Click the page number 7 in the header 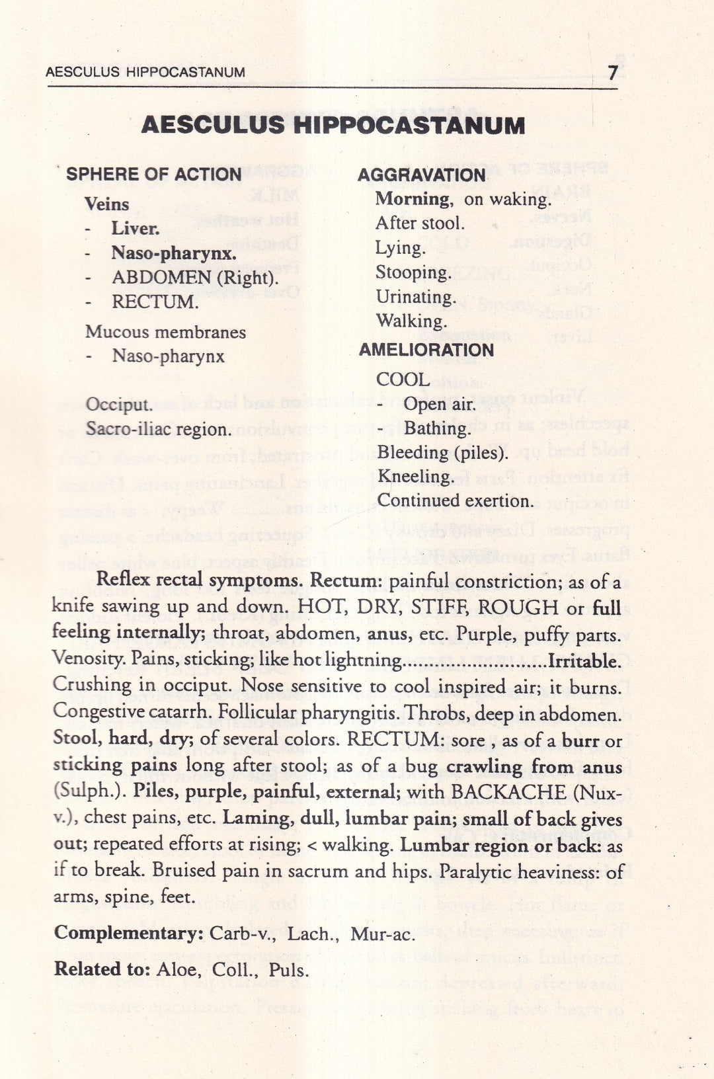coord(614,72)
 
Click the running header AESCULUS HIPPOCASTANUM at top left coord(145,72)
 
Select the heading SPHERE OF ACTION coord(153,174)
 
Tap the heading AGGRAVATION coord(422,175)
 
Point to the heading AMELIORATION coord(426,350)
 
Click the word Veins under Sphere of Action coord(107,204)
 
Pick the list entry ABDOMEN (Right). coord(195,278)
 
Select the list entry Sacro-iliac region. coord(159,429)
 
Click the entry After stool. coord(420,223)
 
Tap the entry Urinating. coord(416,297)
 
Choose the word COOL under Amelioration coord(403,380)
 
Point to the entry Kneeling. coord(415,477)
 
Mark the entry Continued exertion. coord(455,501)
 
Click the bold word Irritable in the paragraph coord(584,660)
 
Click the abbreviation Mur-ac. coord(383,934)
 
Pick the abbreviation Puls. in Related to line coord(289,971)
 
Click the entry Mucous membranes coord(165,332)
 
